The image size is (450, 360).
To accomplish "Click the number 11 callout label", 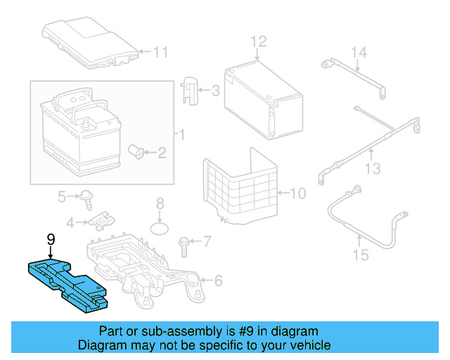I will [162, 51].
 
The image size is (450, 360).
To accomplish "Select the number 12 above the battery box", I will [259, 41].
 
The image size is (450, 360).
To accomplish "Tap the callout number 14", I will [359, 52].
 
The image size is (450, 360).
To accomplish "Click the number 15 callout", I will [360, 255].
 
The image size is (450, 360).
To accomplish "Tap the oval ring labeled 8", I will [161, 229].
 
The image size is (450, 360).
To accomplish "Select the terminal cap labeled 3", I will [191, 91].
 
